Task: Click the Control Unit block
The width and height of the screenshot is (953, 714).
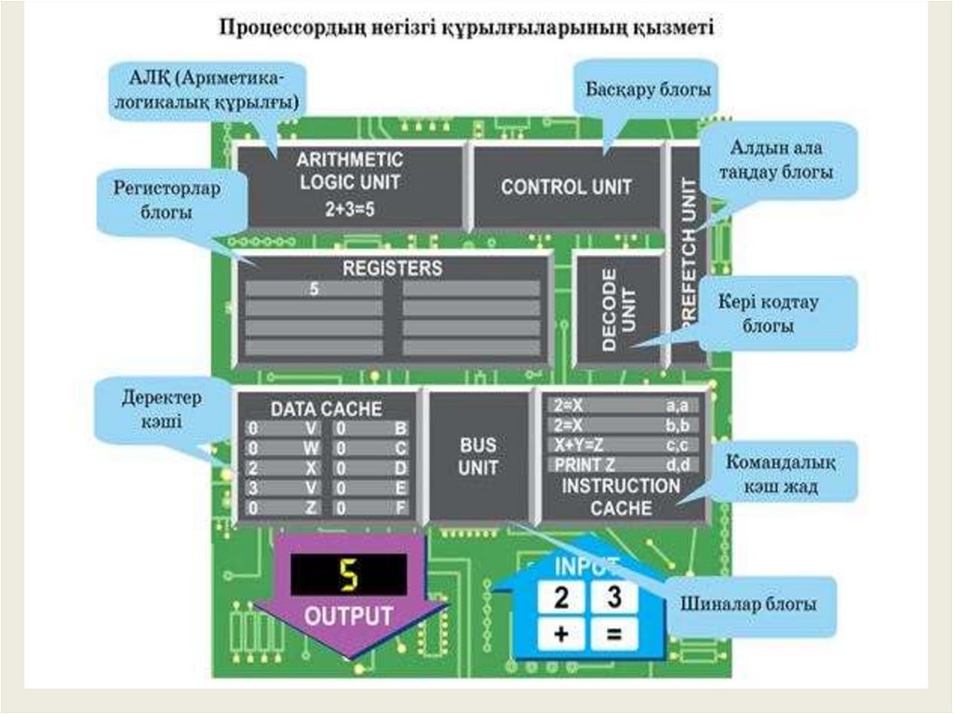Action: click(566, 187)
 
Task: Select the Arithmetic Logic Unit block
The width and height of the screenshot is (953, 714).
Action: click(350, 184)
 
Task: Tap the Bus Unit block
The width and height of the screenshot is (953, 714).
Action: click(478, 456)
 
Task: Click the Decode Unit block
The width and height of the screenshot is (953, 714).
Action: click(618, 309)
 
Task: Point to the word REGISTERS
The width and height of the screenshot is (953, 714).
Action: click(392, 268)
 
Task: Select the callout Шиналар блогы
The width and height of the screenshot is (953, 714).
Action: click(748, 605)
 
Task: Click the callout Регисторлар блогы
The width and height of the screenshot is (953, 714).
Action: click(167, 200)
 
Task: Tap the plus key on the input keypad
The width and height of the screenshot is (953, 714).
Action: click(561, 635)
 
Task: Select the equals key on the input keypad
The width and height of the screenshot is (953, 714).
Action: click(614, 635)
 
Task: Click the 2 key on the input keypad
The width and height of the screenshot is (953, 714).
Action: click(561, 597)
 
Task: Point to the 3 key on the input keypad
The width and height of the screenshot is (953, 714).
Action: click(614, 597)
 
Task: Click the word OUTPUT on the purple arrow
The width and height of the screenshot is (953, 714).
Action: click(349, 615)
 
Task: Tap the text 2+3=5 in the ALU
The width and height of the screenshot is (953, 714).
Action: click(350, 209)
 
